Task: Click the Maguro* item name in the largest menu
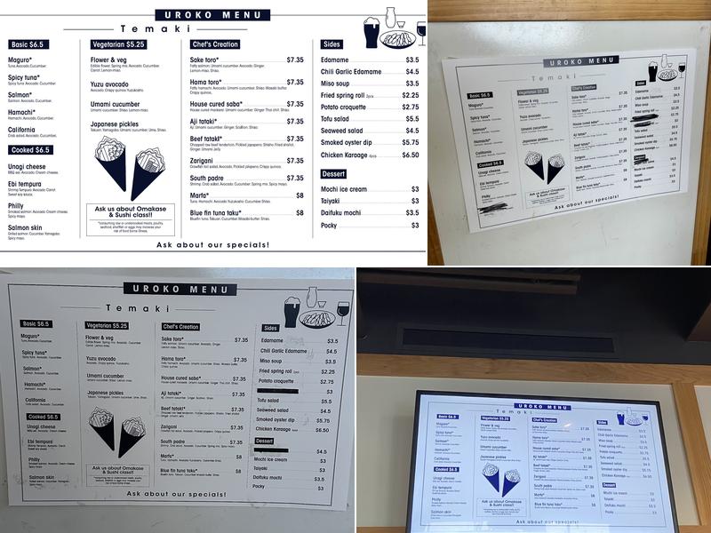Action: pyautogui.click(x=20, y=59)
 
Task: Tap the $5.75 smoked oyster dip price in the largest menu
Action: pyautogui.click(x=411, y=142)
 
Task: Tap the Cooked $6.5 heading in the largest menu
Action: pyautogui.click(x=30, y=150)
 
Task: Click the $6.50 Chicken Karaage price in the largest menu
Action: pyautogui.click(x=410, y=155)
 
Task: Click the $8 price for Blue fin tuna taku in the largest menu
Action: pyautogui.click(x=300, y=213)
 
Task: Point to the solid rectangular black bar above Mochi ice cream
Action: pyautogui.click(x=288, y=450)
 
